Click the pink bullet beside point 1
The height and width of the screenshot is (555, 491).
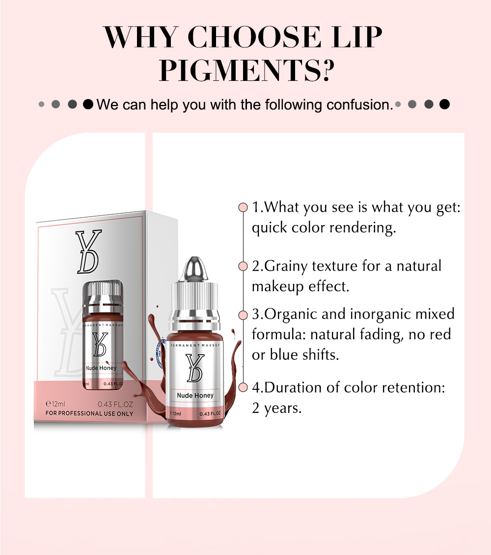(x=243, y=207)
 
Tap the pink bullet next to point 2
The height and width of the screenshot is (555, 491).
(x=243, y=266)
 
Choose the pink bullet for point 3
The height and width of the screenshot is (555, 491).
(x=243, y=315)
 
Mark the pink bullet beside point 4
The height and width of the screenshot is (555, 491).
(x=243, y=387)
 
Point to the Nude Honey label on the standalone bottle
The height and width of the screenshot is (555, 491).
(x=195, y=395)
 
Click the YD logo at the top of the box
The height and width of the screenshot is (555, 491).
(x=89, y=252)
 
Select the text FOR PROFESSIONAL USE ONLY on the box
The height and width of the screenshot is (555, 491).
(x=89, y=413)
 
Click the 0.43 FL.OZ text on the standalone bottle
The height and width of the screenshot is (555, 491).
(x=210, y=414)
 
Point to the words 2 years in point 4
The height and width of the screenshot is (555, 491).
(x=276, y=408)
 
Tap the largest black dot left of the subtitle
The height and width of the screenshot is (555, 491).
(x=88, y=104)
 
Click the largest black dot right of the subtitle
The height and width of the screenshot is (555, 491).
(x=444, y=104)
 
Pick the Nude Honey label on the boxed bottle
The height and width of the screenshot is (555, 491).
(x=101, y=368)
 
